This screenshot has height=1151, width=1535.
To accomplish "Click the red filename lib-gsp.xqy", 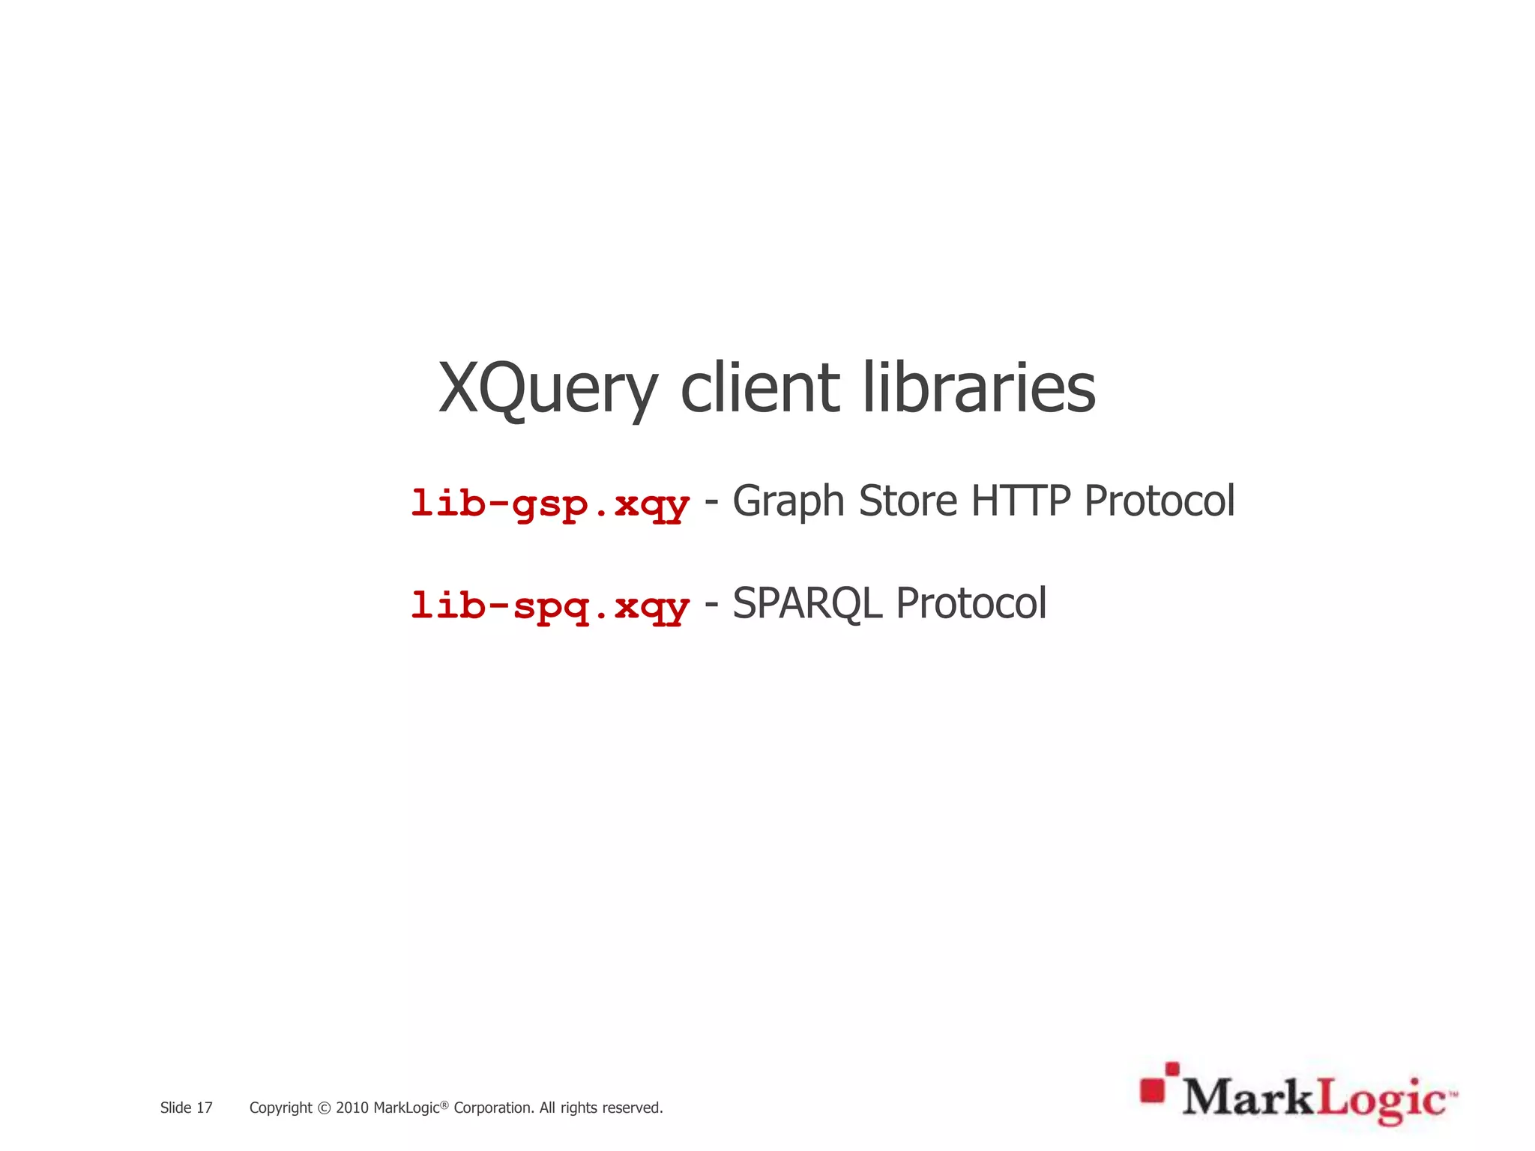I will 550,503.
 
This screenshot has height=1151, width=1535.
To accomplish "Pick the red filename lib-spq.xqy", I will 550,605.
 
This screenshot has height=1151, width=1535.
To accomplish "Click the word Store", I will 908,501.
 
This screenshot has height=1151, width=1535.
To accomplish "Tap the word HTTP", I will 1020,501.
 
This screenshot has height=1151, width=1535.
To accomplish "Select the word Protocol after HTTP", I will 1159,501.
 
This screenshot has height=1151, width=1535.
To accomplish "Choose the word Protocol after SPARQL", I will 971,603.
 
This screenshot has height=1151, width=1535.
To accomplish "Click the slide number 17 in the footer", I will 205,1108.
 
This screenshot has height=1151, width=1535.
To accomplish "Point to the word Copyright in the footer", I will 280,1108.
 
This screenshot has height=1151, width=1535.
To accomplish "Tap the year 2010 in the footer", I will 352,1108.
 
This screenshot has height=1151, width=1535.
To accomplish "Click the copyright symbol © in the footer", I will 324,1108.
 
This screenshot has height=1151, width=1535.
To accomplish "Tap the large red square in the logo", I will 1153,1091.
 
